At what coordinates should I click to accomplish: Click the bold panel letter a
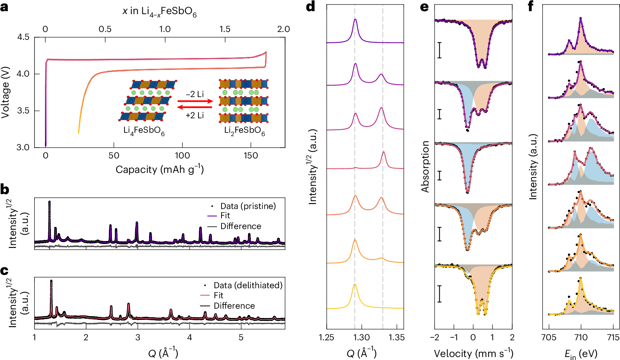pyautogui.click(x=4, y=7)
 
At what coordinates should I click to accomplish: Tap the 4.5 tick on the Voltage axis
pyautogui.click(x=23, y=37)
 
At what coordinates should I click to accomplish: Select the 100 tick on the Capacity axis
pyautogui.click(x=182, y=155)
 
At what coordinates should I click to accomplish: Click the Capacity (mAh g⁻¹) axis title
pyautogui.click(x=159, y=169)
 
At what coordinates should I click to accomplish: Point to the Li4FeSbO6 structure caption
pyautogui.click(x=144, y=131)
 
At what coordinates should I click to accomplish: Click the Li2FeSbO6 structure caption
pyautogui.click(x=244, y=131)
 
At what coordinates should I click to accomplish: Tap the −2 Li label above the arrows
pyautogui.click(x=195, y=94)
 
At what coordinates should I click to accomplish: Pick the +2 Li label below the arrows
pyautogui.click(x=195, y=115)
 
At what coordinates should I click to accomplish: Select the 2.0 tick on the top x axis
pyautogui.click(x=283, y=29)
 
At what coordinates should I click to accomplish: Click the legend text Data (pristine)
pyautogui.click(x=248, y=206)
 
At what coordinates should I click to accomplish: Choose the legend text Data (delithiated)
pyautogui.click(x=248, y=285)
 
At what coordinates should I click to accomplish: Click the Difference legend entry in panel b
pyautogui.click(x=240, y=226)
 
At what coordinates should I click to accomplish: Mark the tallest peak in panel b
pyautogui.click(x=49, y=202)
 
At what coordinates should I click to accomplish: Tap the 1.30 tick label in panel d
pyautogui.click(x=361, y=337)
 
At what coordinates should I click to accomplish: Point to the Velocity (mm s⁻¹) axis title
pyautogui.click(x=473, y=353)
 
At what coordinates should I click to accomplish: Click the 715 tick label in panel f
pyautogui.click(x=613, y=337)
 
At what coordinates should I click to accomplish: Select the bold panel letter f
pyautogui.click(x=531, y=7)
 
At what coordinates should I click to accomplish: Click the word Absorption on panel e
pyautogui.click(x=425, y=166)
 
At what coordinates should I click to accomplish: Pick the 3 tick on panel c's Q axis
pyautogui.click(x=138, y=337)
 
